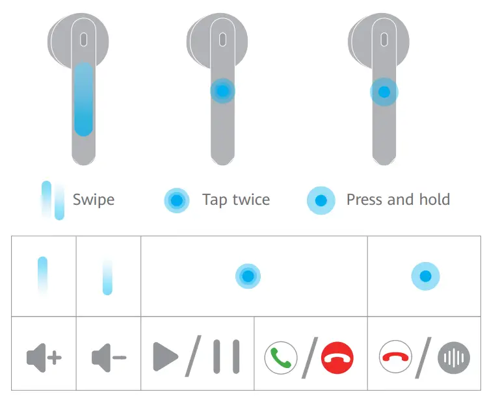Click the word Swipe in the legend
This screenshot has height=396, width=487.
94,199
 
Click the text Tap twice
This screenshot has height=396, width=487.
235,199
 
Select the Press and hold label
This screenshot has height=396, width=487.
398,199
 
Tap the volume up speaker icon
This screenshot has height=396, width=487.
44,357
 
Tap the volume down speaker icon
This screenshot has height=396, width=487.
109,357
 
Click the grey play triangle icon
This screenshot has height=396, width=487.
166,356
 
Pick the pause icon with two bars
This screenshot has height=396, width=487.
226,356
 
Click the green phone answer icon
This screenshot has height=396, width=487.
281,357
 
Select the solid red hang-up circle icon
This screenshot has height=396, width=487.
337,357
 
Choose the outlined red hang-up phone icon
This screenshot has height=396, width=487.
396,357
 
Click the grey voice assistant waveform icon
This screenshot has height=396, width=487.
453,357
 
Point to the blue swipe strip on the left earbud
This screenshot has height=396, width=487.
83,98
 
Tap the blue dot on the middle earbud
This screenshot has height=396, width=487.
222,92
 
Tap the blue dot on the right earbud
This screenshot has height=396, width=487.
384,92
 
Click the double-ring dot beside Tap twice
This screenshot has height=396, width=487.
176,200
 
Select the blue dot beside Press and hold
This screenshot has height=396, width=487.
321,200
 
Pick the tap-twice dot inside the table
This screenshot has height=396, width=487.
248,276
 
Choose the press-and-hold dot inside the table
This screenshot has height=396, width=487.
426,276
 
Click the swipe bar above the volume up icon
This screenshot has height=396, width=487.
43,276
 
